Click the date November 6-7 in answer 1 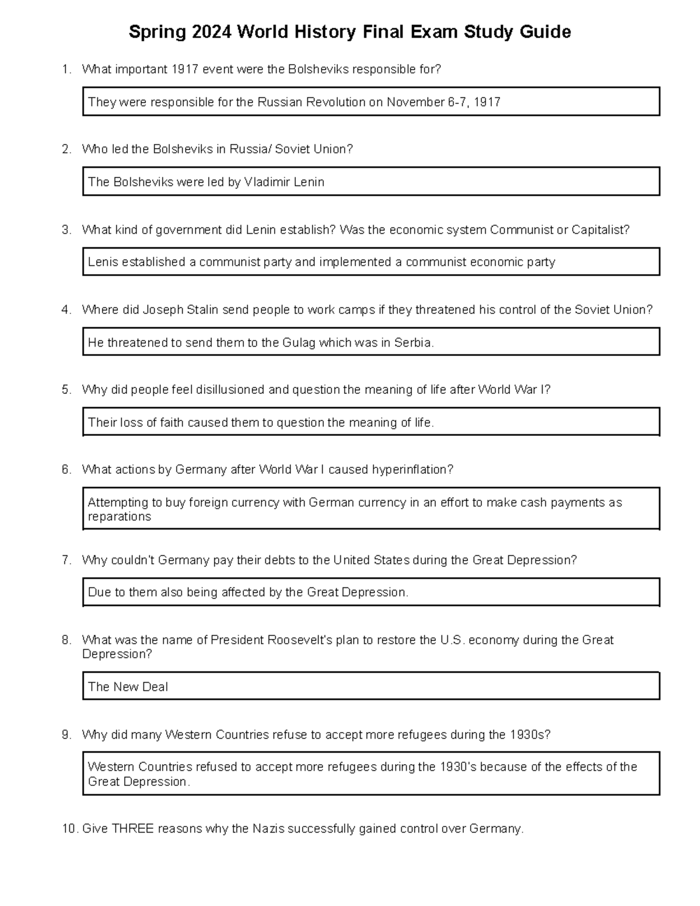tap(427, 102)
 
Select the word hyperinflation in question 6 tap(412, 470)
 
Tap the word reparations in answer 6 tap(120, 517)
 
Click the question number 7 tap(66, 560)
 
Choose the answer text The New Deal tap(128, 687)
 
